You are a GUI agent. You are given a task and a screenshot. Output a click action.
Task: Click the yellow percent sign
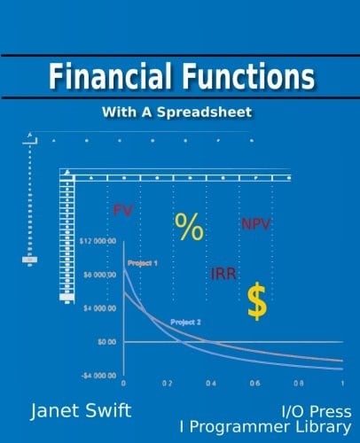189,228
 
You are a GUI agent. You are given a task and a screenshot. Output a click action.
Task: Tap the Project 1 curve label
143,263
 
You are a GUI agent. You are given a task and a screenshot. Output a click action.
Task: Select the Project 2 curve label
186,321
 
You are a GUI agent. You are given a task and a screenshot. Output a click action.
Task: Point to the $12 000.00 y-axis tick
98,241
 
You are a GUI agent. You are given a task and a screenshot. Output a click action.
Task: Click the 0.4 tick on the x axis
211,383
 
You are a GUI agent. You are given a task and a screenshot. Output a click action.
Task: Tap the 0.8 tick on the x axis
299,383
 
